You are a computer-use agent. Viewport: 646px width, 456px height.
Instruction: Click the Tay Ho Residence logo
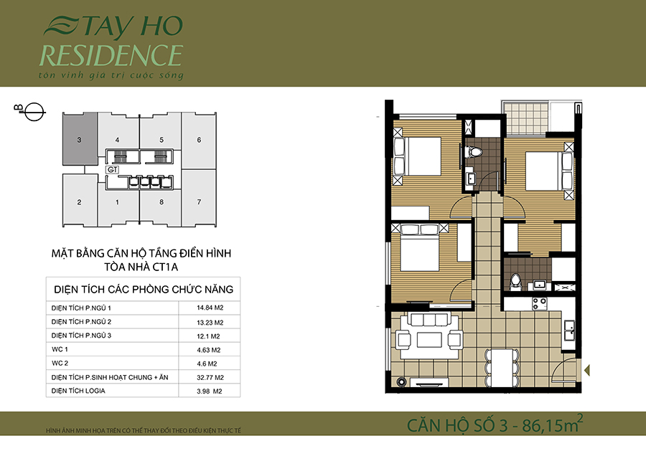point(111,48)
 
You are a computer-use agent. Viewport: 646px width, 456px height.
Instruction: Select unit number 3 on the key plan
point(79,140)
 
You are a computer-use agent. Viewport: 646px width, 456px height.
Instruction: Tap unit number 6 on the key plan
point(199,140)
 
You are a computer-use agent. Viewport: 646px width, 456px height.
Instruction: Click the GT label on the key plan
point(113,169)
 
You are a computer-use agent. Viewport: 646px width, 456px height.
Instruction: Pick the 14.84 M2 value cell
point(210,308)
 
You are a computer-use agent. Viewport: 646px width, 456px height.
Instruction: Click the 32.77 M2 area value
point(210,377)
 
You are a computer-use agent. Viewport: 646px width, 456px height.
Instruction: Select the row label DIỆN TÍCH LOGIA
point(78,391)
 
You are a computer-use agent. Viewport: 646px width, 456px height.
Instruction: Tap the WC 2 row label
point(60,364)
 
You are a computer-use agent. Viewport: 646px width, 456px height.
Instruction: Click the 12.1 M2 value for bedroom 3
point(208,336)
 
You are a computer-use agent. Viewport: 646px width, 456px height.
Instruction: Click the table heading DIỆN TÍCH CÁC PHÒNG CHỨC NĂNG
point(144,290)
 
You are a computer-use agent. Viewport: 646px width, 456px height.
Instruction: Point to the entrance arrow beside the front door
point(587,371)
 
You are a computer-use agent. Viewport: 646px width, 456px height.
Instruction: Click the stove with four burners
point(539,304)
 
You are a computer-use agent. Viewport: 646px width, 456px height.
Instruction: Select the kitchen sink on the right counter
point(570,330)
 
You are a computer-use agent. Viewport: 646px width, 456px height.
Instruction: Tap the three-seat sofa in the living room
point(429,320)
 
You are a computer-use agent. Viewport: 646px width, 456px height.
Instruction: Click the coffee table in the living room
point(429,340)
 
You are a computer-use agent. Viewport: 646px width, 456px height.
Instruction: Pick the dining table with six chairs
point(502,368)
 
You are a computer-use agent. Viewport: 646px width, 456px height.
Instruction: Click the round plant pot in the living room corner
point(401,382)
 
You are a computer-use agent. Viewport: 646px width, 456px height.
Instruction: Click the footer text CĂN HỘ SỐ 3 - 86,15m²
point(495,424)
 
